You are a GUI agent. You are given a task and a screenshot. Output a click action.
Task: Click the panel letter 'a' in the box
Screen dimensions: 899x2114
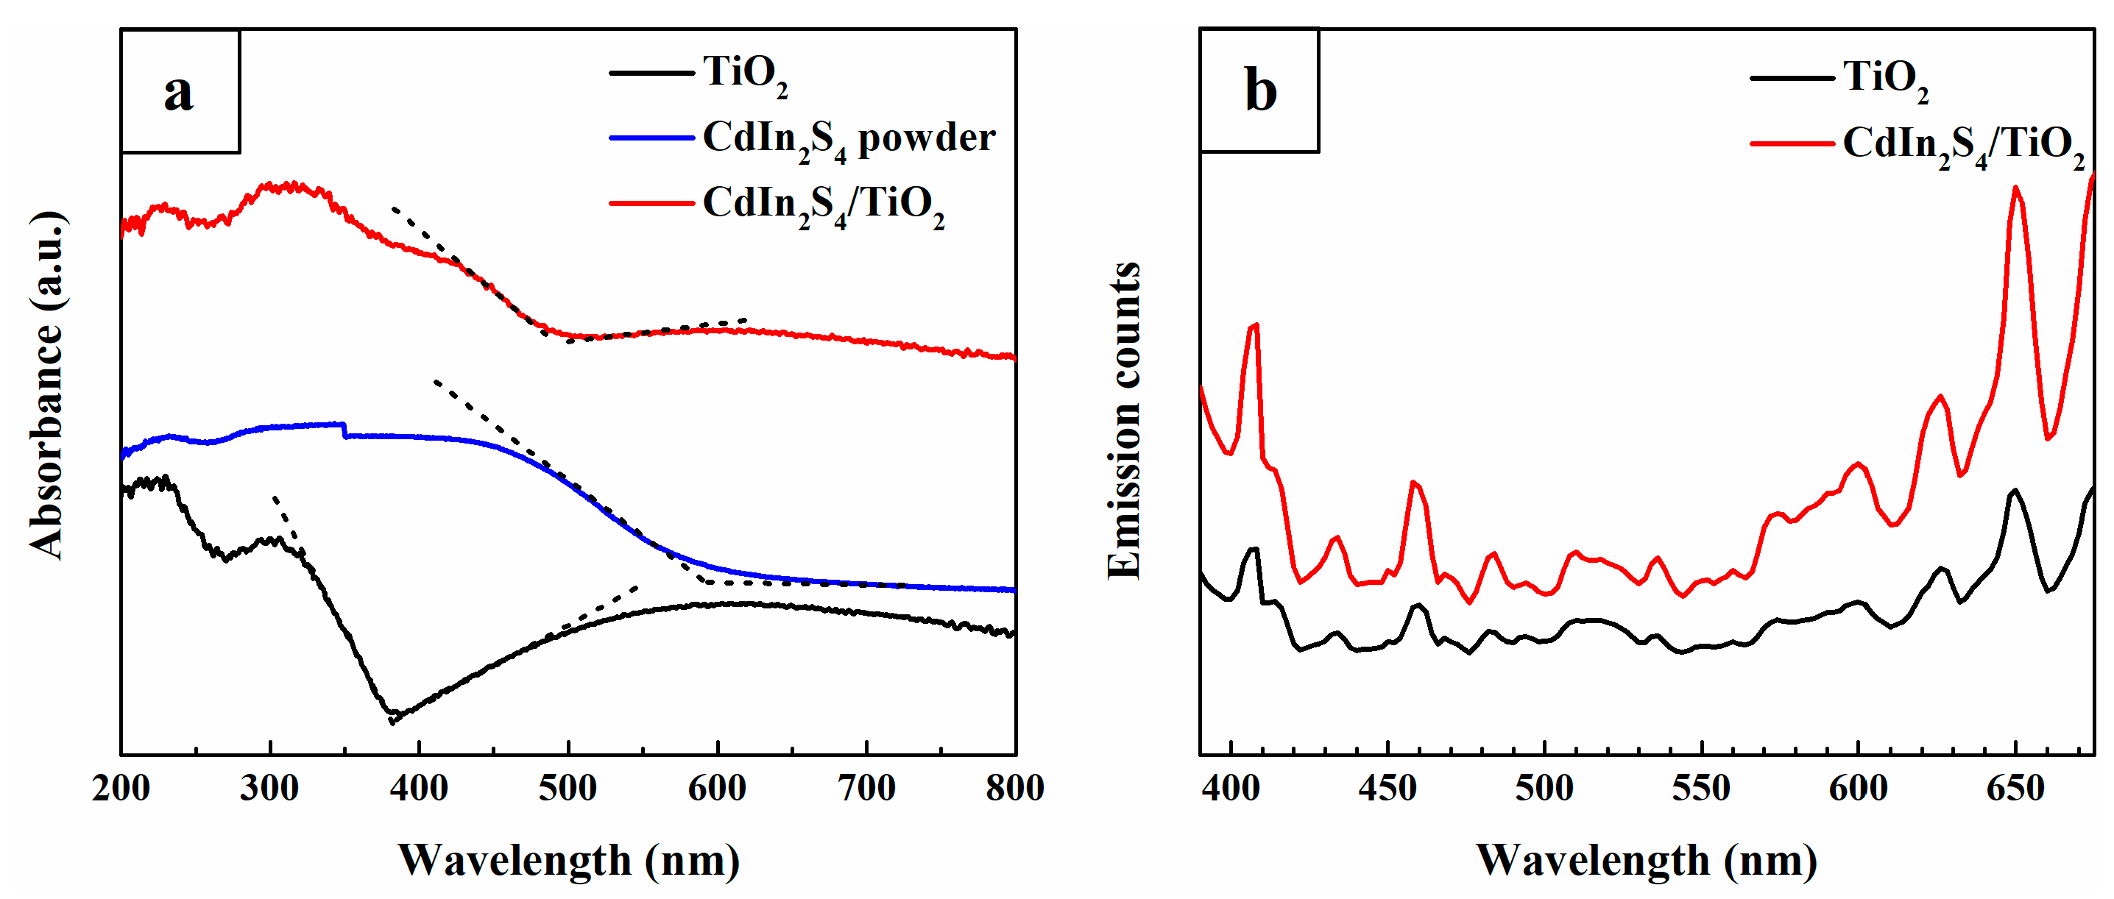coord(179,91)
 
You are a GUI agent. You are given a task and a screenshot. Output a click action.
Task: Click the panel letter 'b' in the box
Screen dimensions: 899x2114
coord(1259,90)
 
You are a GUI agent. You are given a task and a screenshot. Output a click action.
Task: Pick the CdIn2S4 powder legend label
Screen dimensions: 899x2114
coord(849,140)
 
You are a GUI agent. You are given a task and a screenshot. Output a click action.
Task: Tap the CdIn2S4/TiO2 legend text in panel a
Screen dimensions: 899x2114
coord(823,205)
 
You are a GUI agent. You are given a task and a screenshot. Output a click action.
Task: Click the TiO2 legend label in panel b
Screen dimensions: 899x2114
coord(1885,79)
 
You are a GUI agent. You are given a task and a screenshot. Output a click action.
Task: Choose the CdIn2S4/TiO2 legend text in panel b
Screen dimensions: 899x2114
coord(1963,145)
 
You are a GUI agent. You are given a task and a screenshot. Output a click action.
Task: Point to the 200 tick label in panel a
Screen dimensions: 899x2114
coord(121,788)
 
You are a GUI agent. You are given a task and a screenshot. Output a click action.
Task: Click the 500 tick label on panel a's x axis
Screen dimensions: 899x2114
coord(568,788)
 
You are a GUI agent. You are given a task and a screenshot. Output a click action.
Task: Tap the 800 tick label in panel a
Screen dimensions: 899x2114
coord(1014,788)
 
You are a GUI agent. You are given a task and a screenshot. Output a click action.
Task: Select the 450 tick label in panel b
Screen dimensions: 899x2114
coord(1387,788)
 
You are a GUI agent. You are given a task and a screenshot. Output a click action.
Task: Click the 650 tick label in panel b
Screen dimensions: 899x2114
coord(2015,788)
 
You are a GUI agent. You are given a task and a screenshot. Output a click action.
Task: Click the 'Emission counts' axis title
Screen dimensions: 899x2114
coord(1123,421)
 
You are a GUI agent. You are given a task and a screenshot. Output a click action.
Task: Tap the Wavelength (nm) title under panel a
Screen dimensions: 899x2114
coord(569,861)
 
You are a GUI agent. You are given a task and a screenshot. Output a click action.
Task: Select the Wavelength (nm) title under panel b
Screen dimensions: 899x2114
coord(1647,861)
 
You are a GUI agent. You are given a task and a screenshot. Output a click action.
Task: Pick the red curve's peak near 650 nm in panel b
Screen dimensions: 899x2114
coord(2015,188)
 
